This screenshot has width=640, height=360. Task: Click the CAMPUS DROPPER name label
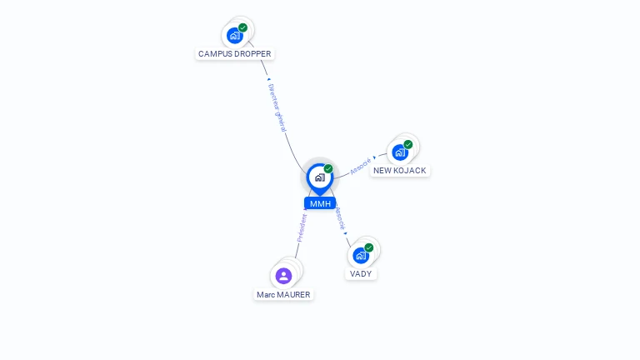[x=235, y=54]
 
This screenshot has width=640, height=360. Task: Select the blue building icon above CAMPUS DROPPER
[x=235, y=36]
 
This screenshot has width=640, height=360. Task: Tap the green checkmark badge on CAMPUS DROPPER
[x=242, y=27]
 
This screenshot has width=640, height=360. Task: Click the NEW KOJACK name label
[x=400, y=171]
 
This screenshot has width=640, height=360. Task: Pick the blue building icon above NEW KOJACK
[x=400, y=152]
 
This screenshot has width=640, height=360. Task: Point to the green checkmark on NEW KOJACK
[x=408, y=144]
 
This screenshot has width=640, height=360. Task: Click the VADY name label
[x=361, y=274]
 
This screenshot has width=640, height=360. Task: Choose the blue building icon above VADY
[x=361, y=256]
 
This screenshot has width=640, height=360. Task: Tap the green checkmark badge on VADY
[x=369, y=247]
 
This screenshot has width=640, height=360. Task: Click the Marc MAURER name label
[x=283, y=295]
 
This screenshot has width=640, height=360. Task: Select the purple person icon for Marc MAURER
[x=283, y=276]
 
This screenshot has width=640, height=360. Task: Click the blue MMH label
[x=320, y=203]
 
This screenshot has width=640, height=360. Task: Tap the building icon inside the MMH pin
[x=320, y=177]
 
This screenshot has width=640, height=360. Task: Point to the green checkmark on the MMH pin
[x=328, y=168]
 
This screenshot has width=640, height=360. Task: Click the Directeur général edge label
[x=277, y=107]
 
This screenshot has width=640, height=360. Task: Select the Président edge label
[x=302, y=227]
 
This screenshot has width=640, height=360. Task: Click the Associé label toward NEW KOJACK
[x=361, y=166]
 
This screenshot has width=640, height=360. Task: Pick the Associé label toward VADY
[x=340, y=218]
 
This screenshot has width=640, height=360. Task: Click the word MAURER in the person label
[x=294, y=295]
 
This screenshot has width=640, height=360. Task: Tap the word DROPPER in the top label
[x=252, y=54]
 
